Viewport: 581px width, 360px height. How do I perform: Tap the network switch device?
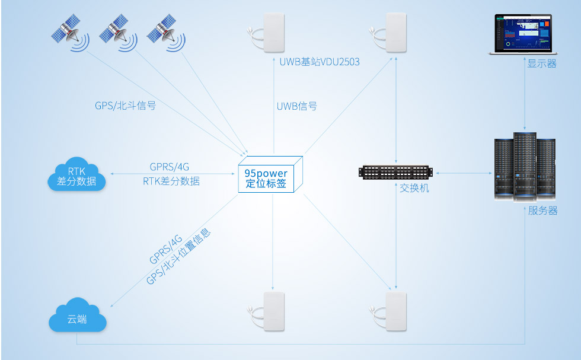[x=396, y=173]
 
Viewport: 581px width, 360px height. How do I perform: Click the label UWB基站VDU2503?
[x=320, y=62]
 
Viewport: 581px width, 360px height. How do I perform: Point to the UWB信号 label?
[x=296, y=106]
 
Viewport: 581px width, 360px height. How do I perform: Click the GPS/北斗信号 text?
[x=126, y=106]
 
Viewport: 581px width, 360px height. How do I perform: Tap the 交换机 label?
[x=414, y=188]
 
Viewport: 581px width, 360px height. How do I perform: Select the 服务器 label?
[x=542, y=211]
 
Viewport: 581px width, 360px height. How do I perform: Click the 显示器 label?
[x=542, y=63]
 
